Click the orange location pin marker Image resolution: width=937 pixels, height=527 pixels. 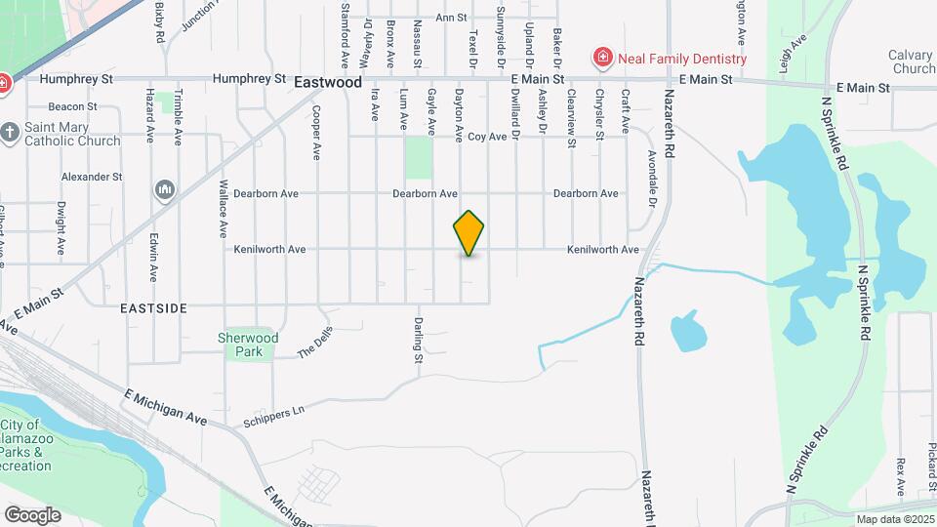pos(469,232)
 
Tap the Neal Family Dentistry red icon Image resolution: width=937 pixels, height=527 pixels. pos(602,59)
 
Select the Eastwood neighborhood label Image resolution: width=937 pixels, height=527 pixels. pos(328,84)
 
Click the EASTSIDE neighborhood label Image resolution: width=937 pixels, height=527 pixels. pos(153,307)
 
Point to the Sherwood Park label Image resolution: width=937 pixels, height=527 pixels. pos(248,345)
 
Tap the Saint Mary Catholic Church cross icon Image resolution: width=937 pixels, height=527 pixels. pos(11,131)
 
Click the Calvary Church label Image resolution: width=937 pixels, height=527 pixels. pos(912,62)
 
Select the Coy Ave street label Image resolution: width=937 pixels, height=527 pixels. pos(487,137)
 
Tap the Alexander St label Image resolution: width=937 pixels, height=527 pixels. pos(91,177)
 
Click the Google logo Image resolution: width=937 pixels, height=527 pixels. pos(32,514)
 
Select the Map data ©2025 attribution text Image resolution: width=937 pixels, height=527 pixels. pos(894,519)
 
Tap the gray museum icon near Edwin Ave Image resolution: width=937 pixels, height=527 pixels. pos(164,189)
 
